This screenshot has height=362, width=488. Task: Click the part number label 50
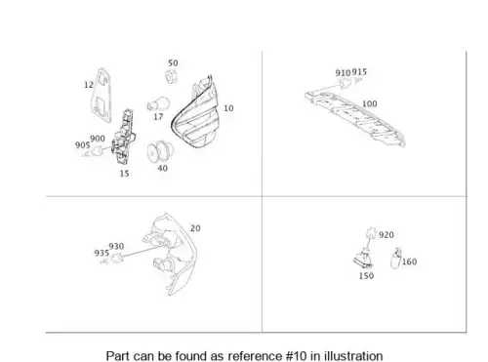173,63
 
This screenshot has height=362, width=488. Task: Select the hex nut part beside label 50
171,77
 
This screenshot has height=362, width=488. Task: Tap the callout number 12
89,85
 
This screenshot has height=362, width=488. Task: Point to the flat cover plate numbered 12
102,95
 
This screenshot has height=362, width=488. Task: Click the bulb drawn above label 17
158,104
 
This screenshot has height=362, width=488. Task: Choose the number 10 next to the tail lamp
228,108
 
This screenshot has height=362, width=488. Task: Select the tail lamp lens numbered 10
194,112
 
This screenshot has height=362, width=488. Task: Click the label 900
98,139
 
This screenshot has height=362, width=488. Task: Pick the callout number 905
82,145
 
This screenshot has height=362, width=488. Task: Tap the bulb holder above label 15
124,138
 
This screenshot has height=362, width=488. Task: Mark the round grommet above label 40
160,152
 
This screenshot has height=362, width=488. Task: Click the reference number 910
343,73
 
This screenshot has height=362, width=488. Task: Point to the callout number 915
359,72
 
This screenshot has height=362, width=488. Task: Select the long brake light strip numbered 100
355,119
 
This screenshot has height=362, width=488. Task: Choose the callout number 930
116,247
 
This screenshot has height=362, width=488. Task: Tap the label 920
386,235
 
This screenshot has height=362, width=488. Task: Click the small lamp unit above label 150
363,259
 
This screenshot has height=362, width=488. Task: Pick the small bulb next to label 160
395,259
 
